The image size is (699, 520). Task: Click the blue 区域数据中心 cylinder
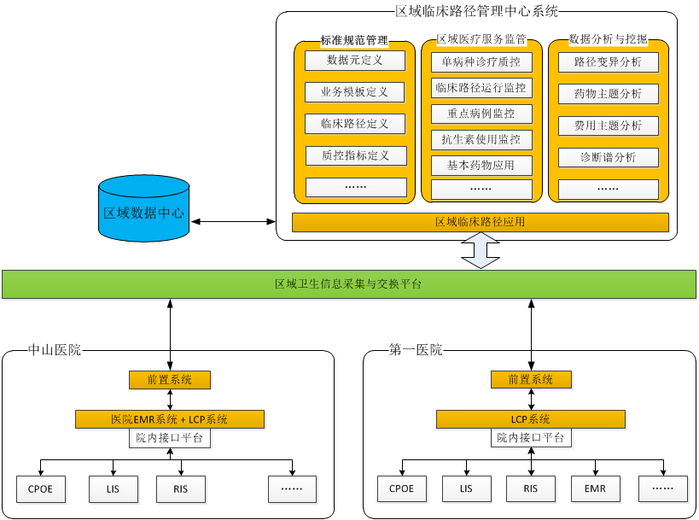(x=143, y=208)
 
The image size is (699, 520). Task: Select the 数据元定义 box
(x=354, y=61)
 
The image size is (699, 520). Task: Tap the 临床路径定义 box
(x=354, y=124)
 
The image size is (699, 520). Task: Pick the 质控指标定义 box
(x=355, y=155)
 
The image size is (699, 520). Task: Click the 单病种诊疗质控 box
(x=481, y=62)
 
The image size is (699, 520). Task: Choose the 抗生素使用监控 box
(x=481, y=138)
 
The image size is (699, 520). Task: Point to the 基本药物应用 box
(x=481, y=165)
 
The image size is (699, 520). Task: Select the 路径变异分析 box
(x=609, y=62)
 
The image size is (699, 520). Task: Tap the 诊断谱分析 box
(x=609, y=157)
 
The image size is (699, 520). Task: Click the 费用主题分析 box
(x=609, y=126)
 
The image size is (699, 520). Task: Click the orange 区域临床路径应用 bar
(x=480, y=222)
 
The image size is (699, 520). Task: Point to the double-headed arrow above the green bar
(x=481, y=251)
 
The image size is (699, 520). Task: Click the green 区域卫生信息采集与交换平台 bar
(x=348, y=284)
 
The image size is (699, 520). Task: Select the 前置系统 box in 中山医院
(x=170, y=379)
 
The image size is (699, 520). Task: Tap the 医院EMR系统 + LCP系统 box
(x=170, y=419)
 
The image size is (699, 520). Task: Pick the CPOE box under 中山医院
(x=41, y=488)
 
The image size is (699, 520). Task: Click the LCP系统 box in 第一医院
(x=531, y=419)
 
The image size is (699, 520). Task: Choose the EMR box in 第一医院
(x=595, y=488)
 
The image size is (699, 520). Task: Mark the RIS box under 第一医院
(x=531, y=488)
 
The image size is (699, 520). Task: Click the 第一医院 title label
(x=416, y=349)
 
